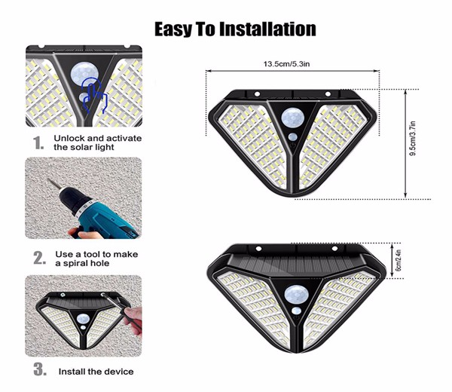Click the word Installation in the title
(267, 29)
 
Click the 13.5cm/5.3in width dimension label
(286, 64)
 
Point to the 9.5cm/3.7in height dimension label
(413, 139)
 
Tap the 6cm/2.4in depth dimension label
(399, 261)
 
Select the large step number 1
(38, 142)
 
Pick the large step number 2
(40, 258)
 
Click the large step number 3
(40, 369)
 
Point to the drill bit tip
(48, 179)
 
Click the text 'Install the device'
(96, 372)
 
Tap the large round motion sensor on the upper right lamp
(292, 118)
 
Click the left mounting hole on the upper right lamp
(257, 94)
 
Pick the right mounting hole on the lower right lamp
(334, 248)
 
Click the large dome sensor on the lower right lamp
(296, 295)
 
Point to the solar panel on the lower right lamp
(296, 265)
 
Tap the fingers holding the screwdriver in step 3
(134, 320)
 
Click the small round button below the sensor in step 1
(84, 97)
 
